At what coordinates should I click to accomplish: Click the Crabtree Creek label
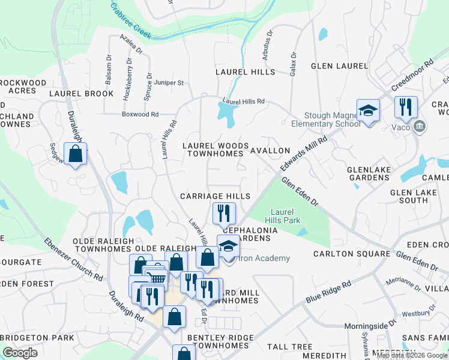pos(130,20)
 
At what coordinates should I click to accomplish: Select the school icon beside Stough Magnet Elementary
pos(368,111)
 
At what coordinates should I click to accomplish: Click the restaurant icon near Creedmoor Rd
pos(406,108)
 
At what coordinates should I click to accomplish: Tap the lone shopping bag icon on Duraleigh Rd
pos(75,154)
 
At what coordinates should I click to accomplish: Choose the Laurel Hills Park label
pos(286,216)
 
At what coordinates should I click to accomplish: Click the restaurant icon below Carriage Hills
pos(224,213)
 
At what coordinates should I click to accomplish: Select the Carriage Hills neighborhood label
pos(215,197)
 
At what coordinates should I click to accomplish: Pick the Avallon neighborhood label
pos(270,151)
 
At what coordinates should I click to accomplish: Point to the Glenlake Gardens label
pos(369,174)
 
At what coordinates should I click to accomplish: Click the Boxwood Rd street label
pos(140,114)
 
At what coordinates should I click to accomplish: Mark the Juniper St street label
pos(169,83)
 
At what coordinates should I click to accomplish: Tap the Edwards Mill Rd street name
pos(305,155)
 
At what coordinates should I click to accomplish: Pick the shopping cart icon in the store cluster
pos(157,277)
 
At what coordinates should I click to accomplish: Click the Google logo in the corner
pos(20,353)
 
